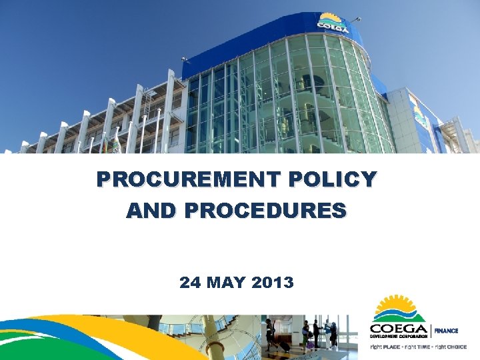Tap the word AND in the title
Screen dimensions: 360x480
tap(152, 211)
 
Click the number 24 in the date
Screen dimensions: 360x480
tap(189, 283)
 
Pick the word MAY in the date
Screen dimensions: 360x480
tap(227, 283)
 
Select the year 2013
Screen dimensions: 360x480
tap(273, 283)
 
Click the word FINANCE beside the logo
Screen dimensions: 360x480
tap(446, 331)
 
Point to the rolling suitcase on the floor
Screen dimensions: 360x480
tap(284, 346)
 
